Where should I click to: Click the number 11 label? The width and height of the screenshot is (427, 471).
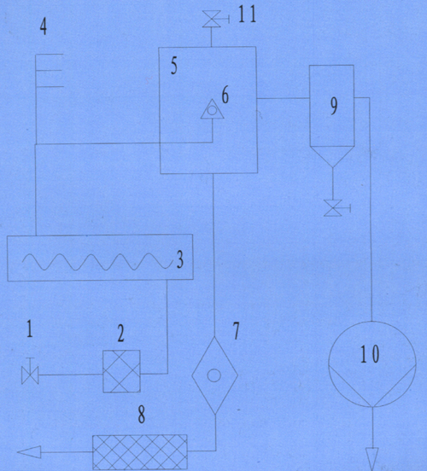coord(247,15)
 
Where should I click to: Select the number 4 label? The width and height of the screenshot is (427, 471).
coord(44,26)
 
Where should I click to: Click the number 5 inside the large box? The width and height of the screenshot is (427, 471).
coord(174,66)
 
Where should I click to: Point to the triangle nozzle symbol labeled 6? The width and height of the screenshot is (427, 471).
coord(213,109)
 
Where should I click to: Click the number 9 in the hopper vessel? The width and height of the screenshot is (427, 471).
coord(334,107)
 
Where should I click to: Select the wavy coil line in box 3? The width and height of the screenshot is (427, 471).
coord(97,262)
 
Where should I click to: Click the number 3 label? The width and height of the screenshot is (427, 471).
coord(180,259)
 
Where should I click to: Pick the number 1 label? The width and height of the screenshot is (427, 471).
coord(29,329)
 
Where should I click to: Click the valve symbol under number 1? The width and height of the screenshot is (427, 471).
coord(30,372)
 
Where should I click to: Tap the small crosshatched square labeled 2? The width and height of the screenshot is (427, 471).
coord(121,371)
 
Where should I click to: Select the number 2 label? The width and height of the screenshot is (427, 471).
coord(120,334)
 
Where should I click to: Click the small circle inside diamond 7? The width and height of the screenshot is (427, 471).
coord(214,375)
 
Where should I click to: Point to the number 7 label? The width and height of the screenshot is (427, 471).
coord(237,331)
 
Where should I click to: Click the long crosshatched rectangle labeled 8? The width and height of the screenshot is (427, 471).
coord(140,452)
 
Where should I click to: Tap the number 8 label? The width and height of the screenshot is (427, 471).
coord(141,415)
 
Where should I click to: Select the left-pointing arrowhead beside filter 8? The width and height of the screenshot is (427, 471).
coord(29,452)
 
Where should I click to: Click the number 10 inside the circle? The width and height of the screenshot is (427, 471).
coord(370,354)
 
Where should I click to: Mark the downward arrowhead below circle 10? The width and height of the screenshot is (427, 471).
coord(372,459)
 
